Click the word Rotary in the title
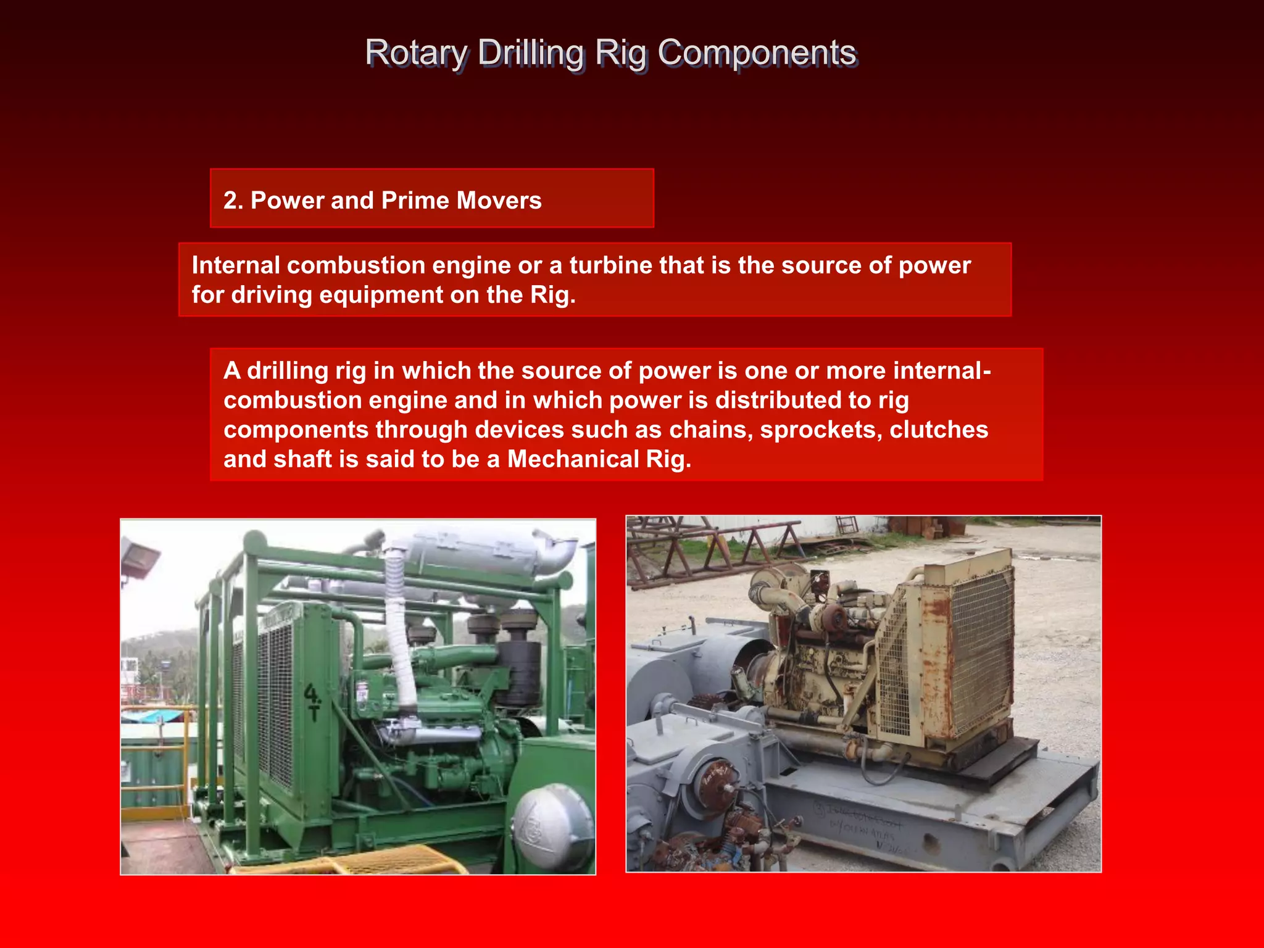(417, 53)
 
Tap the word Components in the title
(757, 53)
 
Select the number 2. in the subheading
(233, 201)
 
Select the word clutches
(938, 430)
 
